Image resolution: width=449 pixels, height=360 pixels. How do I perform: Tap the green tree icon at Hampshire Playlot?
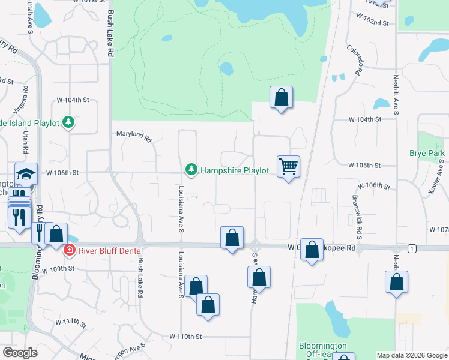pyautogui.click(x=191, y=170)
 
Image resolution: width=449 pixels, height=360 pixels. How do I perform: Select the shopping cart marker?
pyautogui.click(x=289, y=167)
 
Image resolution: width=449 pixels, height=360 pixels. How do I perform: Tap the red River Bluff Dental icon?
pyautogui.click(x=70, y=250)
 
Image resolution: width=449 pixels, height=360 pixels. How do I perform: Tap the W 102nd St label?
pyautogui.click(x=375, y=23)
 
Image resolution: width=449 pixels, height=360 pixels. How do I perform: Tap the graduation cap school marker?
pyautogui.click(x=26, y=174)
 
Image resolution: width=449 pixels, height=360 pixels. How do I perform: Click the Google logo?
pyautogui.click(x=20, y=353)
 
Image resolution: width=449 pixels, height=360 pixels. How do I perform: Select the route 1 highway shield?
pyautogui.click(x=411, y=248)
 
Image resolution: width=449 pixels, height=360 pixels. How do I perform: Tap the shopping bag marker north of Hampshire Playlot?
pyautogui.click(x=281, y=97)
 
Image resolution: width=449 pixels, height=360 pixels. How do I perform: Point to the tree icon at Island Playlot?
pyautogui.click(x=69, y=122)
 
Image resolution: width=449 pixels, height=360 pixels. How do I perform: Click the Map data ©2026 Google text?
pyautogui.click(x=411, y=355)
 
